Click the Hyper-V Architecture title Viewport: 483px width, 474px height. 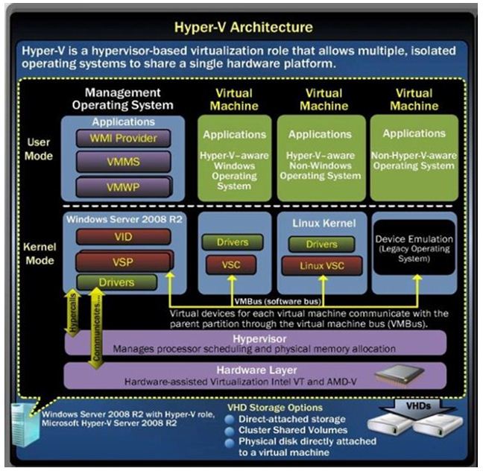coord(243,28)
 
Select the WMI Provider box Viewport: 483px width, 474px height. coord(122,138)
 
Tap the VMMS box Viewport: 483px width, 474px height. coord(122,162)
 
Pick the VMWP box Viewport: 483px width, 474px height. coord(122,185)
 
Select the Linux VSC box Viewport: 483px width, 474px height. coord(322,266)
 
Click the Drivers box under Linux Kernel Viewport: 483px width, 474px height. coord(322,244)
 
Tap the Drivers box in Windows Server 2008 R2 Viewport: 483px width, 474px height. coord(117,282)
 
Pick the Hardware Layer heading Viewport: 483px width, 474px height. coord(256,370)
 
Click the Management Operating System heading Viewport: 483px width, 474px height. coord(122,99)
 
